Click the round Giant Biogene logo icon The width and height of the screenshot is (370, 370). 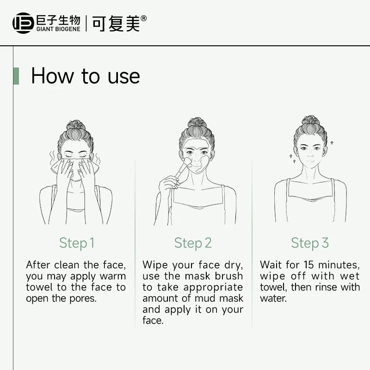23,23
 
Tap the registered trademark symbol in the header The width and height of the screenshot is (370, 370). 143,18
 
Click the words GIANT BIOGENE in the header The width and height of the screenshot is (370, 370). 58,29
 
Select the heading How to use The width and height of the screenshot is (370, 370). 86,76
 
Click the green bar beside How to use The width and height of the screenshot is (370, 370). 16,76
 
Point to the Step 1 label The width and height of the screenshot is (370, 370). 77,243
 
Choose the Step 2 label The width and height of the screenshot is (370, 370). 193,243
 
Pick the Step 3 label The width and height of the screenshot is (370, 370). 310,243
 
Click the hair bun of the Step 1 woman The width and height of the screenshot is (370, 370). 75,125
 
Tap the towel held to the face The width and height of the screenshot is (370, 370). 75,167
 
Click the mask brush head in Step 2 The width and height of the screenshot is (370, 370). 188,162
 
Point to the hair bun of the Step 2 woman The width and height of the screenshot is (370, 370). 197,122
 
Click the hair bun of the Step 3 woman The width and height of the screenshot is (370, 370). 310,120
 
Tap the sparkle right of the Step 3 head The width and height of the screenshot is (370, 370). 332,142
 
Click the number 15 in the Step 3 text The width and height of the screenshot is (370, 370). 309,265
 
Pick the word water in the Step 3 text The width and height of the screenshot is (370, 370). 273,298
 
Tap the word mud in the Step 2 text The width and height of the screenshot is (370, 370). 206,298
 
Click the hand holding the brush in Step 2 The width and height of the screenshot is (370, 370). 168,183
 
